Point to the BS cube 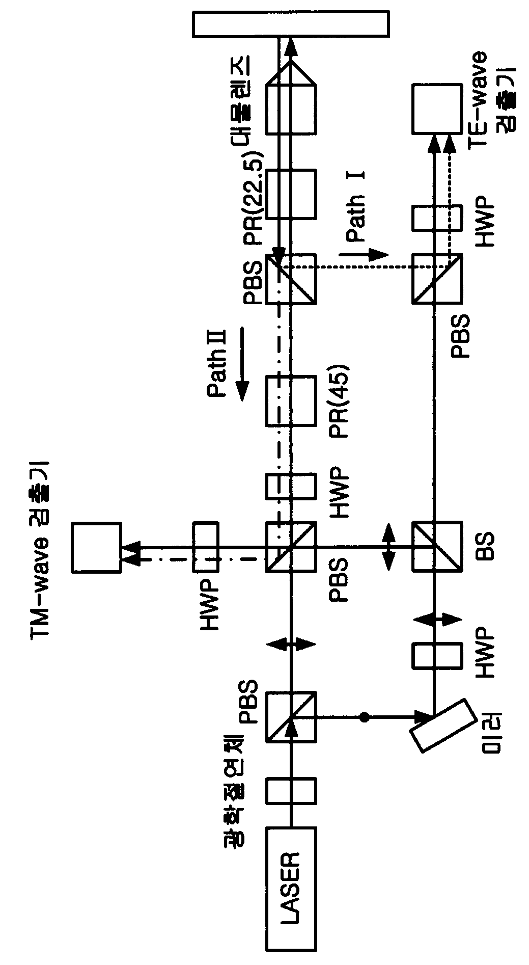coord(437,547)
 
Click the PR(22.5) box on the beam coord(291,194)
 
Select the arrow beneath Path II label coord(242,363)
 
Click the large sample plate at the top coord(291,24)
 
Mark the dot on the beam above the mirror coord(364,717)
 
